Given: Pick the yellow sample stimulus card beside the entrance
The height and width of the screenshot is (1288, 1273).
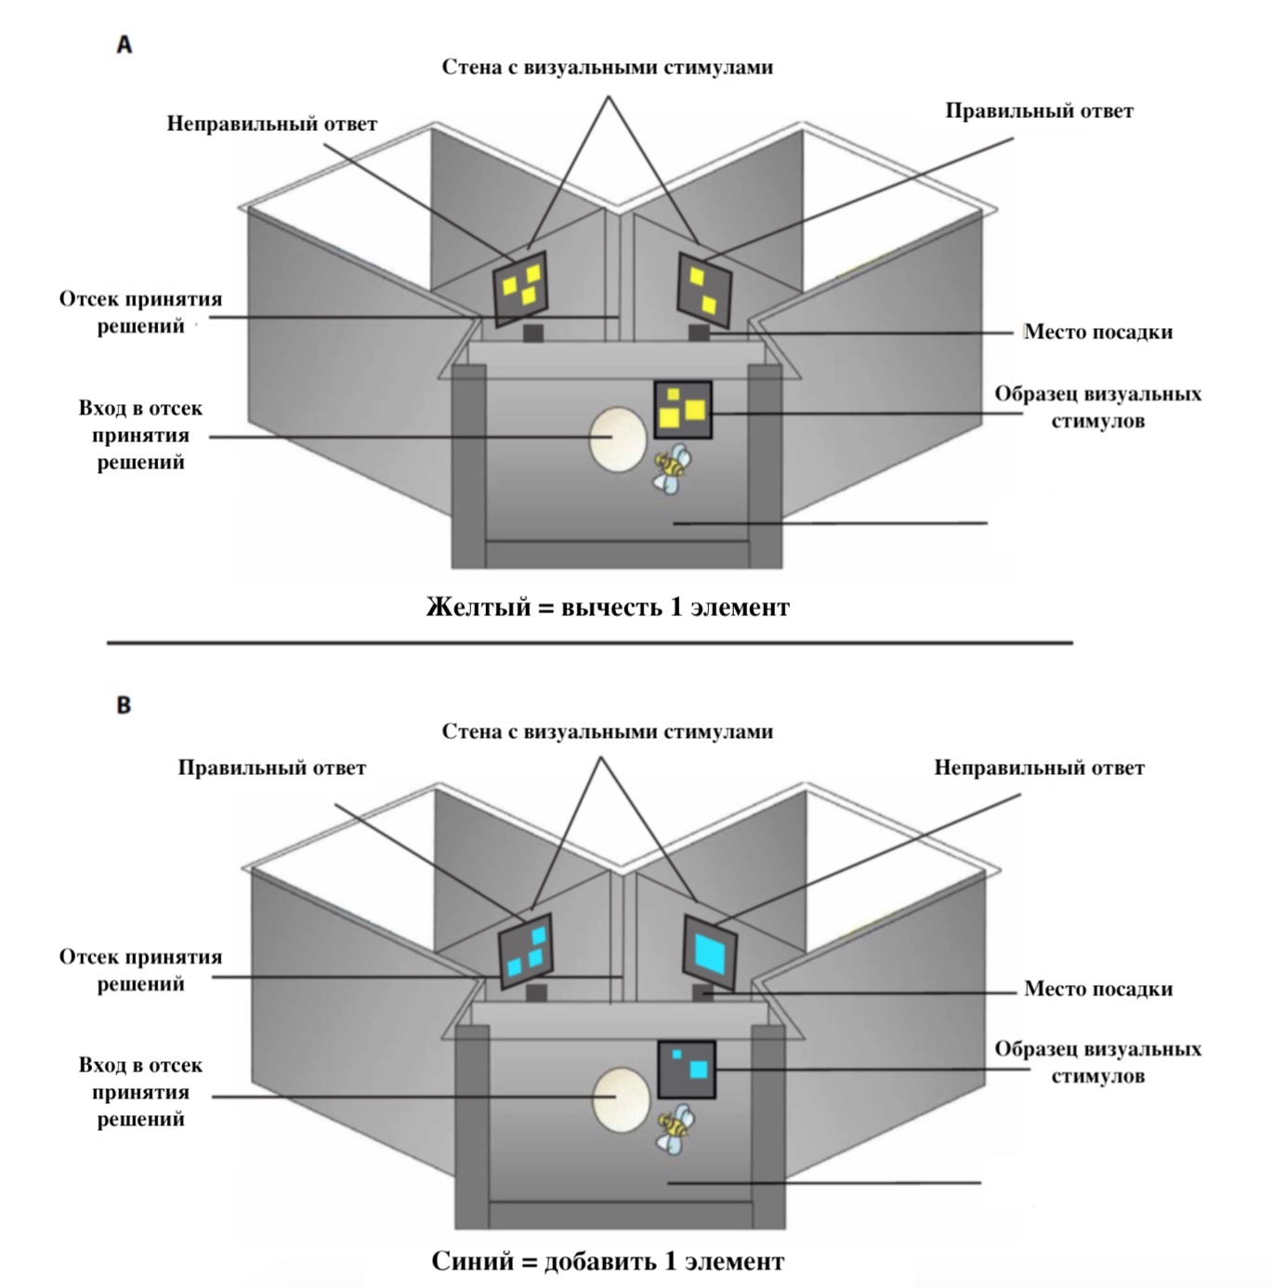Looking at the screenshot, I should coord(683,410).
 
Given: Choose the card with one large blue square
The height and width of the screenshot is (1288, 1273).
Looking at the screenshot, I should coord(711,952).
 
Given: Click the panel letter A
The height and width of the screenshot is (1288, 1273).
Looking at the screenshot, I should coord(124,45).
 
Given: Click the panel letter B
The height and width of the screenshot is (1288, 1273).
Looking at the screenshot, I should coord(124,705).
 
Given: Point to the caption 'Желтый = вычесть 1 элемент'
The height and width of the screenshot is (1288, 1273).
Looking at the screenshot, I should coord(608,608).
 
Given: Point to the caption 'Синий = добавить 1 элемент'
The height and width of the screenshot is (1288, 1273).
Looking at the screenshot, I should coord(608,1262).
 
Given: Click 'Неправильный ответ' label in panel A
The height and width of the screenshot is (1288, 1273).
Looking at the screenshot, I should coord(271,124).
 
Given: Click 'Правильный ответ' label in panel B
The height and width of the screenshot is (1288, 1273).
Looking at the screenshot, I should coord(271,769).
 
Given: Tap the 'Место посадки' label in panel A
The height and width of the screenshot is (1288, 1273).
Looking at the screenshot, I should coord(1097,332).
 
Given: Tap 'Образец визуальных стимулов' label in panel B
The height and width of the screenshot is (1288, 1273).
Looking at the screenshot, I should coord(1097,1062).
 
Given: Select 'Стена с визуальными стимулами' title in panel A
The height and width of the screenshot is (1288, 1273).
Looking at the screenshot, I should coord(607,67).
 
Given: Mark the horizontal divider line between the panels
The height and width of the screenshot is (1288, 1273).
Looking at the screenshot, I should coord(589,642).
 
